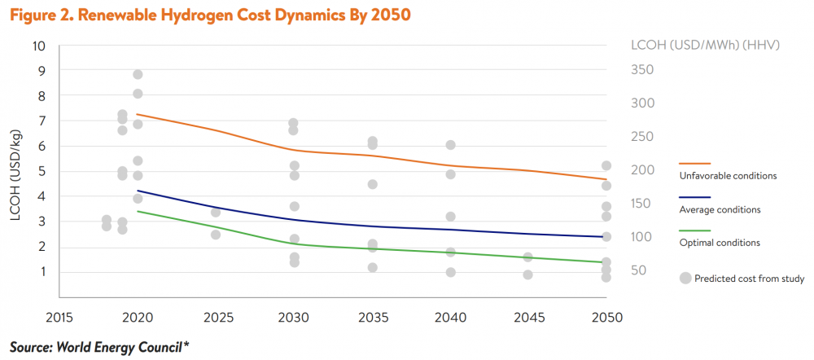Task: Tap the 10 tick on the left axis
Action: coord(38,45)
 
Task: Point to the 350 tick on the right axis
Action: coord(644,70)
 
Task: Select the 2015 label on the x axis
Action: coord(60,316)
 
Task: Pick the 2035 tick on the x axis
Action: coord(372,316)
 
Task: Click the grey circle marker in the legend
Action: coord(685,278)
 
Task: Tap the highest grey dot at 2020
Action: coord(138,75)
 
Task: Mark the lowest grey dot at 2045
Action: coord(527,274)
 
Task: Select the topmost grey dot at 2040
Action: coord(450,145)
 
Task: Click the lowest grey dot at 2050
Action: coord(606,278)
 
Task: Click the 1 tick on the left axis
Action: coord(40,272)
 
